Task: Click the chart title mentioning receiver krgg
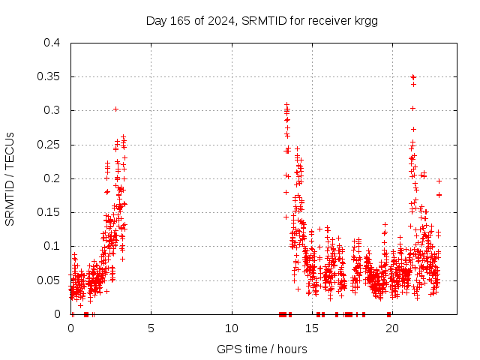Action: click(262, 20)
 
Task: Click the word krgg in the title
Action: click(365, 20)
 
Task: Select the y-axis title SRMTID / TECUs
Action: click(10, 178)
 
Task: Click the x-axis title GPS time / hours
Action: click(262, 349)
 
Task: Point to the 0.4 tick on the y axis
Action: click(52, 43)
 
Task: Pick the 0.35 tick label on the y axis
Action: click(49, 76)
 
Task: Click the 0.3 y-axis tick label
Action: click(52, 110)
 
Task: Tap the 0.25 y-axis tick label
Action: click(49, 144)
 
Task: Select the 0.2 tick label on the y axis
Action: click(52, 178)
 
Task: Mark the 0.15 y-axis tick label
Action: click(49, 212)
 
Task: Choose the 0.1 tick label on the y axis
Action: click(52, 246)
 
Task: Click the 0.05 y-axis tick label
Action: click(49, 280)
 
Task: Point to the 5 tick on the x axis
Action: click(151, 328)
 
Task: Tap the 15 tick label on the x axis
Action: click(312, 328)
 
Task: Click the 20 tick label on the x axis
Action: click(392, 328)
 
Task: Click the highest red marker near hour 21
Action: click(413, 77)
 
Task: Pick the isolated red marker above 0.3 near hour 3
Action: click(115, 109)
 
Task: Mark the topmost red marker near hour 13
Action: click(286, 105)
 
